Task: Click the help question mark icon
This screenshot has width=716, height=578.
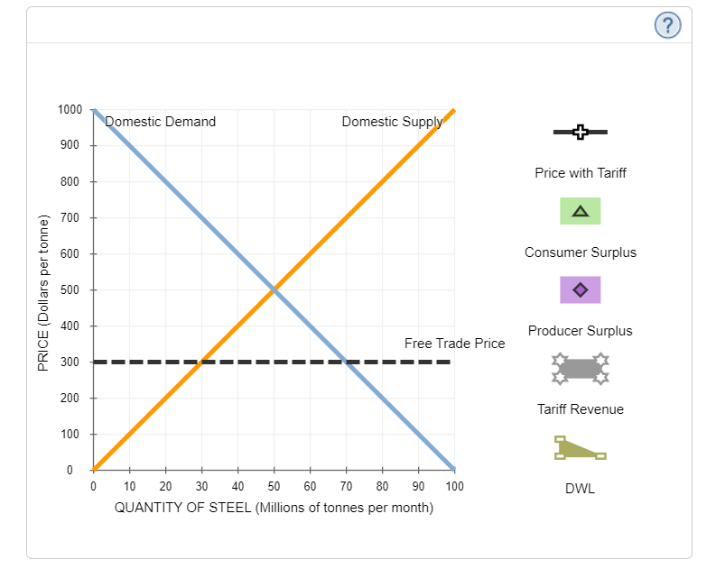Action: (x=667, y=26)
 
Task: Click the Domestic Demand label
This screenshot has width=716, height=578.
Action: (x=160, y=122)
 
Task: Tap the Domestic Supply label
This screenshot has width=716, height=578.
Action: (x=392, y=122)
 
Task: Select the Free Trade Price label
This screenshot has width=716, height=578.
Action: (x=454, y=344)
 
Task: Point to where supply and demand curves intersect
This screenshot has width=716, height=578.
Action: (x=274, y=289)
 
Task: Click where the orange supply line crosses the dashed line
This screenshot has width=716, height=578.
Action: (x=202, y=362)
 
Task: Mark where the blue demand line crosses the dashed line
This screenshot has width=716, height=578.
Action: (x=347, y=362)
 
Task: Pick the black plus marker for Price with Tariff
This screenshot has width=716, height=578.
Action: (x=581, y=133)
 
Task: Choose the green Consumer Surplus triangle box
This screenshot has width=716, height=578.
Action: (x=581, y=211)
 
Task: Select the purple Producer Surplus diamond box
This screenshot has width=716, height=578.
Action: (x=581, y=289)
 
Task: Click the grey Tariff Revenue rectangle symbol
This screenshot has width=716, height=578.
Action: (x=581, y=368)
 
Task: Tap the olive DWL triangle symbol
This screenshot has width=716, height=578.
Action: (x=579, y=447)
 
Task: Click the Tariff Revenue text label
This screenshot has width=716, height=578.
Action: (x=581, y=409)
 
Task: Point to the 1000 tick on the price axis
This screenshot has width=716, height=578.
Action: (x=70, y=110)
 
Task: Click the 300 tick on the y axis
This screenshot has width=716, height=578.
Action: (x=72, y=362)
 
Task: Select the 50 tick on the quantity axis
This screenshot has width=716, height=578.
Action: (x=274, y=486)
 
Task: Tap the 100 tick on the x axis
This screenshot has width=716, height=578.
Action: (x=454, y=486)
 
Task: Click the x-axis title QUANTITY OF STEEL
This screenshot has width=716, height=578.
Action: (x=274, y=508)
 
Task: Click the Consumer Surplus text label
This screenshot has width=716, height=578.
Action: (x=581, y=252)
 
